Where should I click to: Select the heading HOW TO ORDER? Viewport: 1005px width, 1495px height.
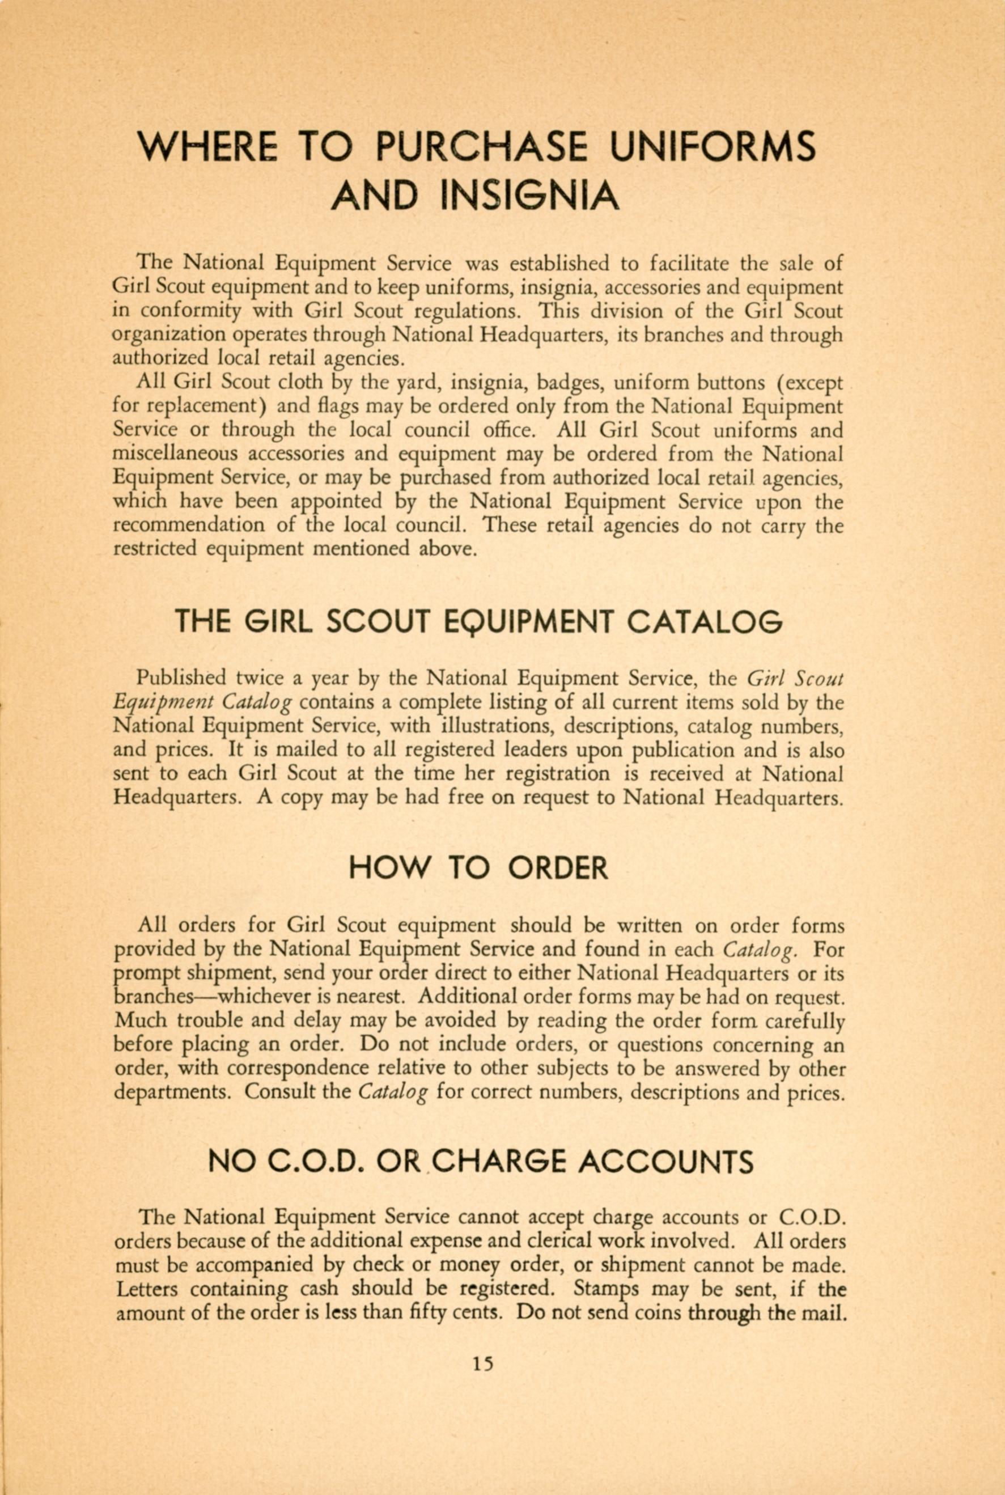[x=478, y=868]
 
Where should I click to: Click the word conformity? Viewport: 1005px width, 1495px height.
[x=191, y=312]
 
